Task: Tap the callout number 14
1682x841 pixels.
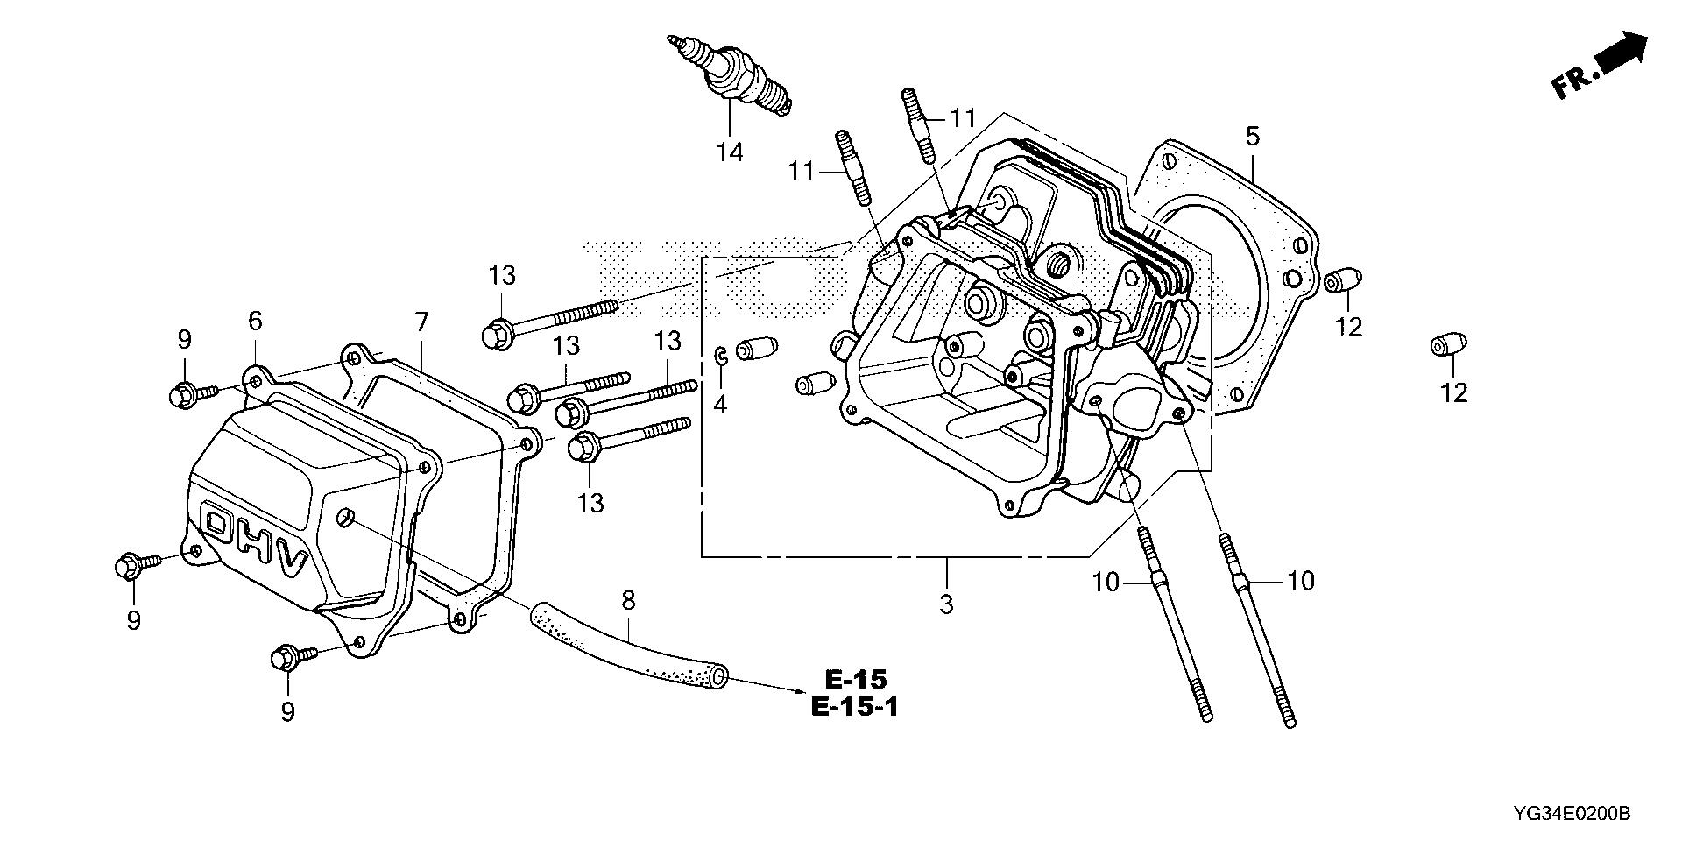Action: (730, 152)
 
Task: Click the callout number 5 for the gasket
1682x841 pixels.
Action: (1252, 137)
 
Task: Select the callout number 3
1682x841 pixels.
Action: (946, 604)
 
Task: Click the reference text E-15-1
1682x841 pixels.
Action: (854, 706)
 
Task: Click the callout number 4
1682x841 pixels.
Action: (720, 405)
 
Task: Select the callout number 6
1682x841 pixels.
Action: (255, 321)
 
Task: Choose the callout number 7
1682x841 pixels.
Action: (421, 322)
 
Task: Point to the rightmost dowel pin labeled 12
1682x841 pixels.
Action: (1446, 345)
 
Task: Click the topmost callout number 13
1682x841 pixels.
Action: (502, 276)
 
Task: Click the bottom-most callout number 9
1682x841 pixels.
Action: (287, 712)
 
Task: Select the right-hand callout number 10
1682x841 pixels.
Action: (1302, 581)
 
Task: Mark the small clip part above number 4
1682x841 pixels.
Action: (720, 355)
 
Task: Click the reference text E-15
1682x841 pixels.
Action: (855, 679)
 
